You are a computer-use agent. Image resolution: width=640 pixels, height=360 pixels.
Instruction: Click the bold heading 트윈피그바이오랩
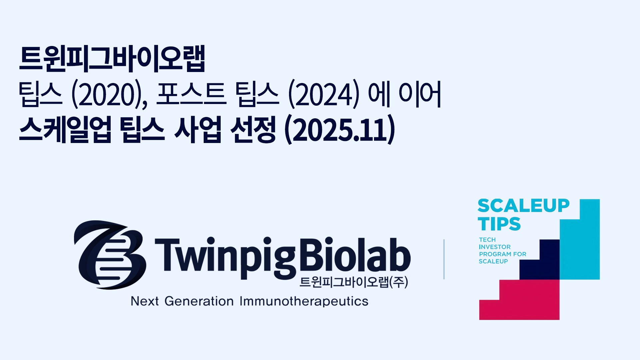click(112, 59)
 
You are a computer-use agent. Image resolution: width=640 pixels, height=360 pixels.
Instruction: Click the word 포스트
click(191, 94)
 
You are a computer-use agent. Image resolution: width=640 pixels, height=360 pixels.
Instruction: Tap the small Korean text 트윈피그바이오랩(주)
click(354, 282)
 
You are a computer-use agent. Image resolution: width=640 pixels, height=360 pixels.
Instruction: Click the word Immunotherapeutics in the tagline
click(304, 301)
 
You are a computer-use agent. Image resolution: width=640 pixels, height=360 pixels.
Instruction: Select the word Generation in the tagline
click(199, 301)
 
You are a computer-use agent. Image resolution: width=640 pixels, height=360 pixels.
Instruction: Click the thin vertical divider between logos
click(444, 259)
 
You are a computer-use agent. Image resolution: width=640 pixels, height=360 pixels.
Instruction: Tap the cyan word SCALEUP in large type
click(523, 206)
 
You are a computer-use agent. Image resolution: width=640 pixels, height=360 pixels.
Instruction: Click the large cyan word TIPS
click(499, 224)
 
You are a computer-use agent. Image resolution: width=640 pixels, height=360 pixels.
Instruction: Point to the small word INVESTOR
click(495, 247)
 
